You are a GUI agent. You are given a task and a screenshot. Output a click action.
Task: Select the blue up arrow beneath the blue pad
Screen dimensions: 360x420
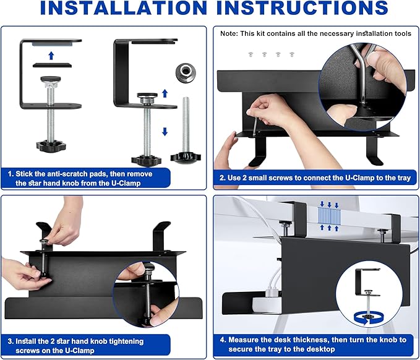point(51,56)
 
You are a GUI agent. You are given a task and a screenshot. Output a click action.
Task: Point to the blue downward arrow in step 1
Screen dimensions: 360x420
point(165,131)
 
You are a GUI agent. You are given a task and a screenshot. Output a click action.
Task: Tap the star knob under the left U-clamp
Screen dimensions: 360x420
point(51,147)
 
